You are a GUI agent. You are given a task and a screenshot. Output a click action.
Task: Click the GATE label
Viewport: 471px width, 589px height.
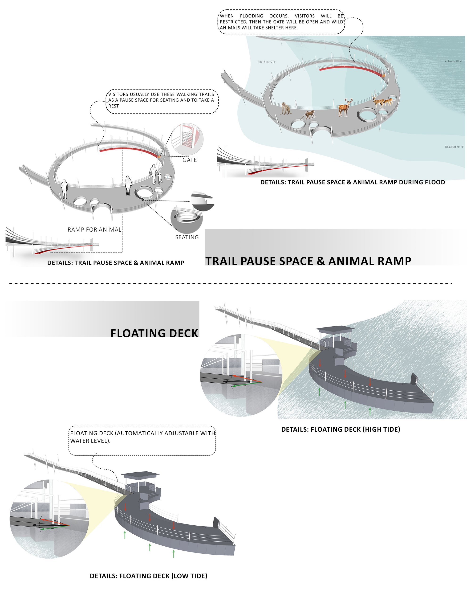click(x=190, y=160)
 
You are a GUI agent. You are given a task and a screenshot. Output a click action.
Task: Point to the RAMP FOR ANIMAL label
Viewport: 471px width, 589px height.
click(x=94, y=230)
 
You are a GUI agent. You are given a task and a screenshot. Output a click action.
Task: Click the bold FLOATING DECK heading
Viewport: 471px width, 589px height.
click(x=154, y=334)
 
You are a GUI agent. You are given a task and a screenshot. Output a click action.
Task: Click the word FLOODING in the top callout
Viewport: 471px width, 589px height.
click(x=252, y=16)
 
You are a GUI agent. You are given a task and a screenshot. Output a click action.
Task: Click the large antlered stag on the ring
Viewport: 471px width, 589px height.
click(x=345, y=107)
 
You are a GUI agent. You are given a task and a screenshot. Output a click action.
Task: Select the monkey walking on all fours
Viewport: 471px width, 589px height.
click(x=308, y=115)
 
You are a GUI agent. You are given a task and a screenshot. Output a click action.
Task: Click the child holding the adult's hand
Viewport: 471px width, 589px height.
click(x=159, y=178)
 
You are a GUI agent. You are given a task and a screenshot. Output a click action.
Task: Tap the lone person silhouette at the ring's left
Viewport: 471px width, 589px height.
click(x=64, y=189)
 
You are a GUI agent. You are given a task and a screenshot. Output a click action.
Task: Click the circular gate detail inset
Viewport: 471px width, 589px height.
click(x=187, y=139)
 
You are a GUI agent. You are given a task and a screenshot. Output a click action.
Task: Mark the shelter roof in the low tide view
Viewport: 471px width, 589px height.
click(x=140, y=474)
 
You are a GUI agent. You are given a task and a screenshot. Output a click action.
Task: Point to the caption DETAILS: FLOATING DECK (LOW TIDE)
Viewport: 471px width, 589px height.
click(x=149, y=576)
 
